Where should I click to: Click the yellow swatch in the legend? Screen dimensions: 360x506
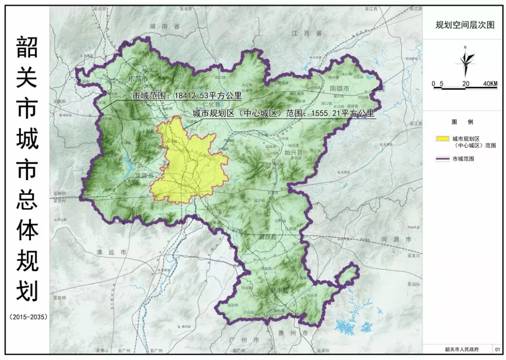coord(442,139)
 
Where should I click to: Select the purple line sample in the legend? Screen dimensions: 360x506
coord(442,159)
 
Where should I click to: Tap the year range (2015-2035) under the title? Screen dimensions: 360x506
coord(28,317)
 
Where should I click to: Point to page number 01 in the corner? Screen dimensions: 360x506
coord(497,349)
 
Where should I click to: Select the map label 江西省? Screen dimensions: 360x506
coord(306,33)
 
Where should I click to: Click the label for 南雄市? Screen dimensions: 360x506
coord(340,88)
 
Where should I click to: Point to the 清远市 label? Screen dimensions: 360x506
coord(111,252)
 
